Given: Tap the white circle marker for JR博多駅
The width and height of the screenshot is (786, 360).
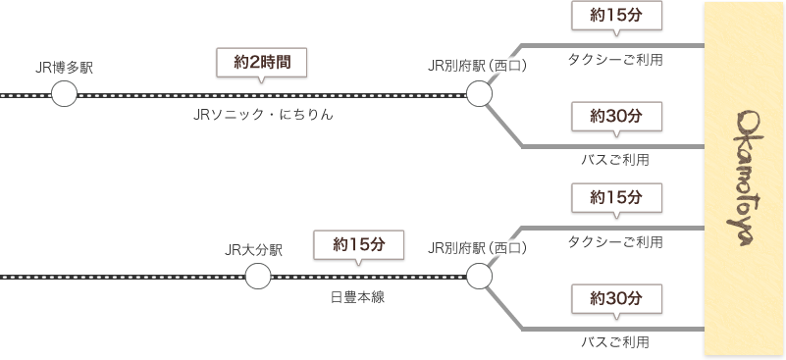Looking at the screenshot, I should pyautogui.click(x=64, y=95).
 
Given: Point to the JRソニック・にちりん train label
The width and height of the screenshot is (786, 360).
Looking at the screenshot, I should pyautogui.click(x=262, y=116).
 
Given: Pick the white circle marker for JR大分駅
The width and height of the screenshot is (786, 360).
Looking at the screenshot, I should pyautogui.click(x=257, y=277).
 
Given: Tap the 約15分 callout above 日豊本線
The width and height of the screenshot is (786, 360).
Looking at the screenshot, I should pyautogui.click(x=357, y=244).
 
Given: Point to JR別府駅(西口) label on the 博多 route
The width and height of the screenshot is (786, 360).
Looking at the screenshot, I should pyautogui.click(x=478, y=66).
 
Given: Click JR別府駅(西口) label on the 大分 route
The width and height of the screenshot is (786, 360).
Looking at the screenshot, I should pyautogui.click(x=478, y=248).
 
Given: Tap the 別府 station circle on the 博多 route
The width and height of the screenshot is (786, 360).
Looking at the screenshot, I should pyautogui.click(x=479, y=95).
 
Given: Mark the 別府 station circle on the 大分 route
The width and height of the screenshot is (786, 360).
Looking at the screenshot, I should pyautogui.click(x=479, y=278).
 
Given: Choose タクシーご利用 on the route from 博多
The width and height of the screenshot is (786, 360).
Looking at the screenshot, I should pyautogui.click(x=615, y=61).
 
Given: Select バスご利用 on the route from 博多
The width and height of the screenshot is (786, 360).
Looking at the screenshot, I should pyautogui.click(x=615, y=159).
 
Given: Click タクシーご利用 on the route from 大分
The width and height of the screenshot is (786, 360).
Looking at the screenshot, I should pyautogui.click(x=615, y=242).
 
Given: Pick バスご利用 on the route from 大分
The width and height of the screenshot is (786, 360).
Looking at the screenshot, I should pyautogui.click(x=615, y=342).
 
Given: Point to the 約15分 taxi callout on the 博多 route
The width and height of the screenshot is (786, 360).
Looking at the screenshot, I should pyautogui.click(x=615, y=17).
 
